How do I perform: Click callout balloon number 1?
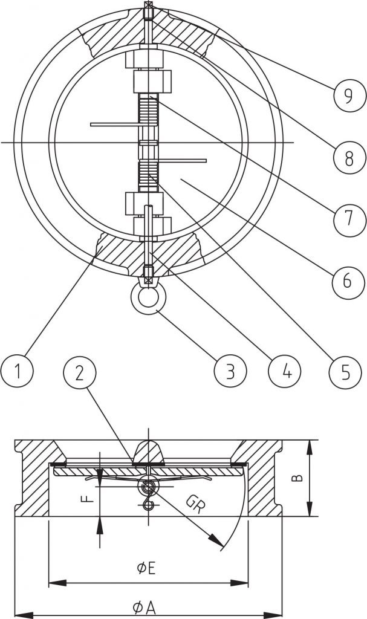[17, 371]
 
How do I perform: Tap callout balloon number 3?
[230, 372]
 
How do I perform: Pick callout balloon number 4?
[284, 372]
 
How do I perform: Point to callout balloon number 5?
[345, 372]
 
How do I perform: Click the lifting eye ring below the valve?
[136, 297]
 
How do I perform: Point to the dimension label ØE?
[146, 568]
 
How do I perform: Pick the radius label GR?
[195, 504]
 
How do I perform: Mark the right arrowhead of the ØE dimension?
[239, 583]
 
